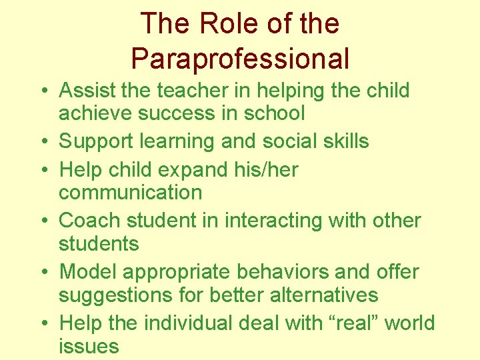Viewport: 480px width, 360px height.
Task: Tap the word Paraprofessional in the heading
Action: pos(240,59)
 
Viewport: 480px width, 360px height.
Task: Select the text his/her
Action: pos(266,169)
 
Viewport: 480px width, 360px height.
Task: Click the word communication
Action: pos(130,193)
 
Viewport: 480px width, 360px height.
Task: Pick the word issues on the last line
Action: pos(89,346)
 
